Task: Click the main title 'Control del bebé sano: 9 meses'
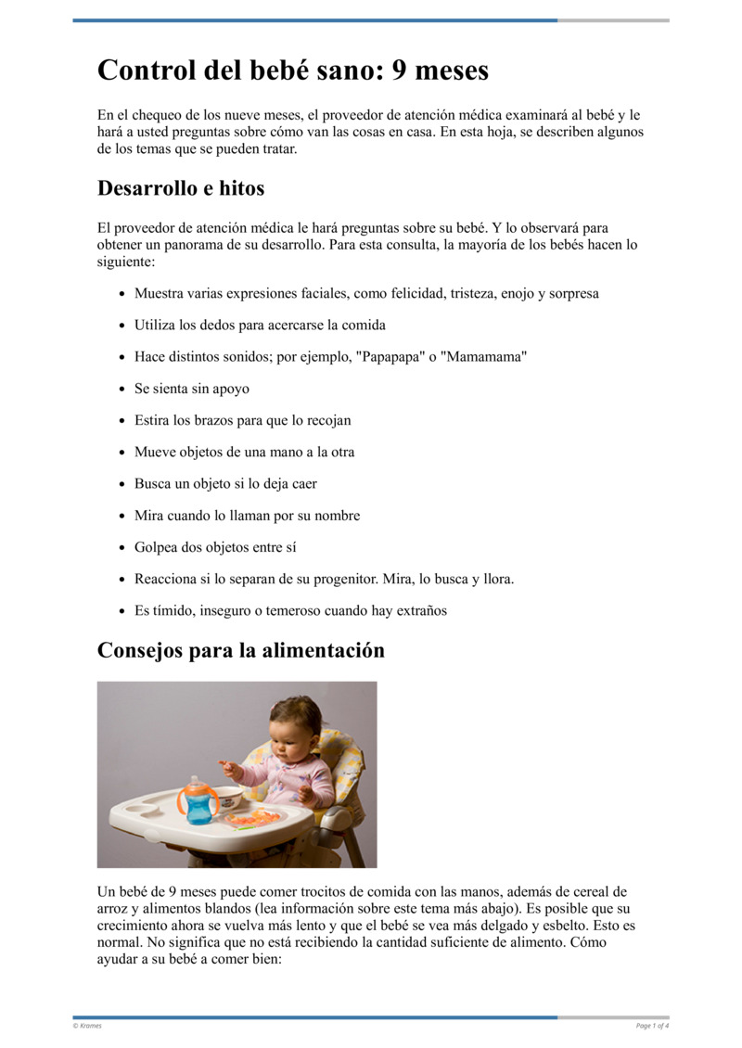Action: [x=293, y=70]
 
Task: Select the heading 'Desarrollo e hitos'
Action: [x=181, y=188]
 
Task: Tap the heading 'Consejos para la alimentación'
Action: [x=240, y=650]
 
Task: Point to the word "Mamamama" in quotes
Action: [x=486, y=357]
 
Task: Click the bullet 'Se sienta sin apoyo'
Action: [x=191, y=389]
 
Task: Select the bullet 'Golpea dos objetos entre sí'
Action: [x=215, y=547]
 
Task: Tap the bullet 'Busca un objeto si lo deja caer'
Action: [x=225, y=484]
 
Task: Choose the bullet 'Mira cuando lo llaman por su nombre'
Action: [x=247, y=516]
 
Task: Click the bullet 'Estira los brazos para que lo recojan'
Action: [x=242, y=420]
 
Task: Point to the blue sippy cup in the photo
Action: [x=199, y=799]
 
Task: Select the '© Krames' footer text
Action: [x=88, y=1026]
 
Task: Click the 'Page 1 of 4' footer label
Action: [x=652, y=1026]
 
